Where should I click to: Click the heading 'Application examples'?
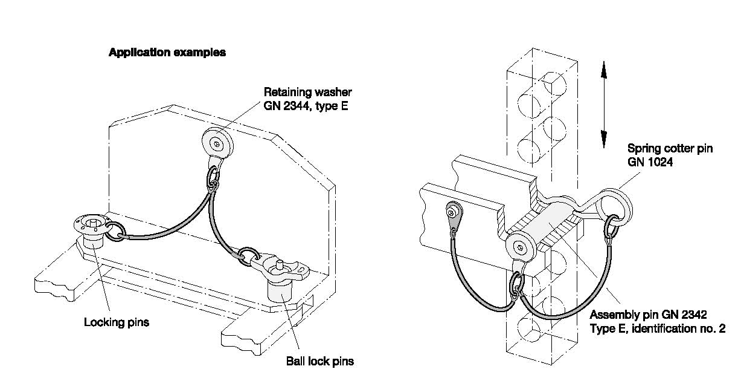[167, 53]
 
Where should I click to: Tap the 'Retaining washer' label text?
[307, 92]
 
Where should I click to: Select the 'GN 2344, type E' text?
[306, 106]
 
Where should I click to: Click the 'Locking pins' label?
[117, 322]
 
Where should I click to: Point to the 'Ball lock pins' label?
[320, 361]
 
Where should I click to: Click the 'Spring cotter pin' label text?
[670, 148]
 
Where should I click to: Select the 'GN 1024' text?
[650, 162]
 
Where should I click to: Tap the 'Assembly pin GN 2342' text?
[649, 314]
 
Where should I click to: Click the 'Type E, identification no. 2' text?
[658, 328]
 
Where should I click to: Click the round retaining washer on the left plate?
[217, 144]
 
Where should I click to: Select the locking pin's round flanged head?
[89, 224]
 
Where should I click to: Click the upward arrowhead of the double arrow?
[604, 70]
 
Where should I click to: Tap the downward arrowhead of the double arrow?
[604, 139]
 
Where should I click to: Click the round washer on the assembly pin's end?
[521, 247]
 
